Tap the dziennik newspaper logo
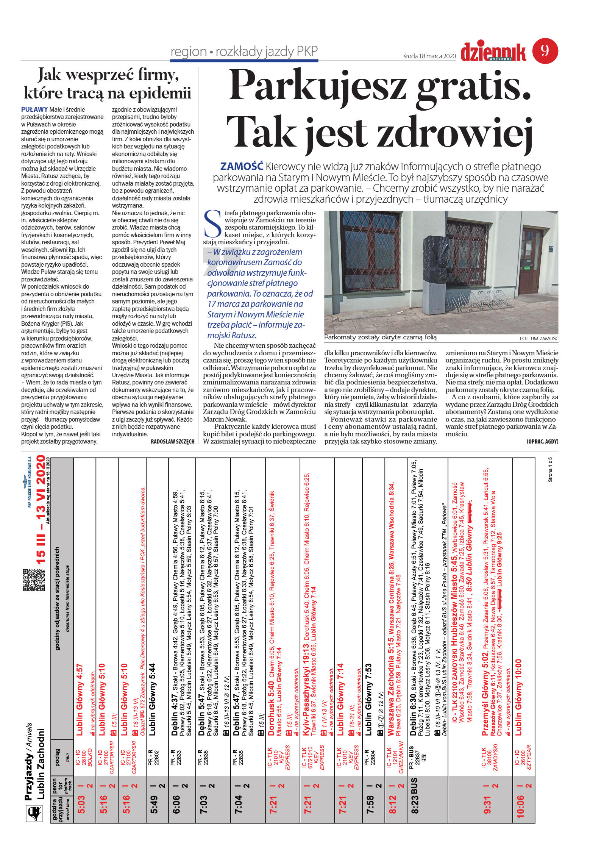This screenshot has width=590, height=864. point(493,52)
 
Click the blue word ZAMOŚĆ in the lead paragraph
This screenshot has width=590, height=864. point(242,166)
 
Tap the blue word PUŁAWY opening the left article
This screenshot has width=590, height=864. point(34,109)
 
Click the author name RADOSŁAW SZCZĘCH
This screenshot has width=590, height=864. point(172,442)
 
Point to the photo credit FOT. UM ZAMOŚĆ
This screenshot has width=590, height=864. point(539,338)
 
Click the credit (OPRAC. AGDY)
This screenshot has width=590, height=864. point(542,442)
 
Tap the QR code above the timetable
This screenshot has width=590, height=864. point(34,580)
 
